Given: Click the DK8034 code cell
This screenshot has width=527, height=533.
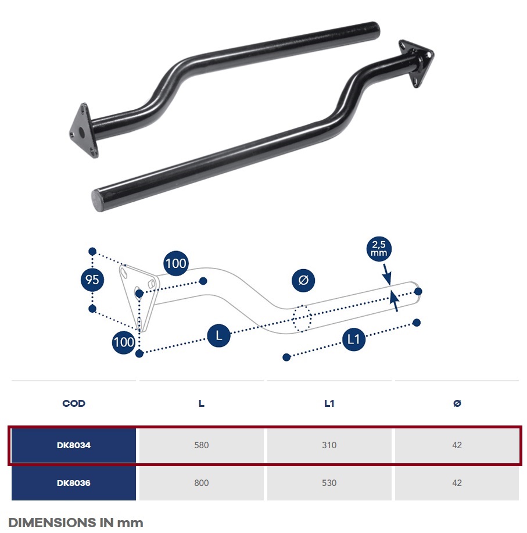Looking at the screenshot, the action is coord(74,445).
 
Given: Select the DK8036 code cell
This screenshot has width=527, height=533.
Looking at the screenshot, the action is coord(74,483).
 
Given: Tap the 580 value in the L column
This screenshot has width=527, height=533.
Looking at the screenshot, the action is coord(202,445).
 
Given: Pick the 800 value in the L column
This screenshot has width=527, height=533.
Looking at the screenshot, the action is coord(202,483).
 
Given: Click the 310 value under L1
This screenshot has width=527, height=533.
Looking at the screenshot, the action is coord(329,445).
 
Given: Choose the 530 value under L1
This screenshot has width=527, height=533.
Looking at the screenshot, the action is coord(329,483).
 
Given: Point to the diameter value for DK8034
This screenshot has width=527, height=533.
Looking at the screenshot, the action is coord(457,445).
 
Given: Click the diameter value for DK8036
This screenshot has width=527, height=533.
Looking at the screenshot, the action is coord(457,483).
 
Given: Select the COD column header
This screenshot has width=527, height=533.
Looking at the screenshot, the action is coord(74,403).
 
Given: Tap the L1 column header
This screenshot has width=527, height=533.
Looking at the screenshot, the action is coord(329,403).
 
